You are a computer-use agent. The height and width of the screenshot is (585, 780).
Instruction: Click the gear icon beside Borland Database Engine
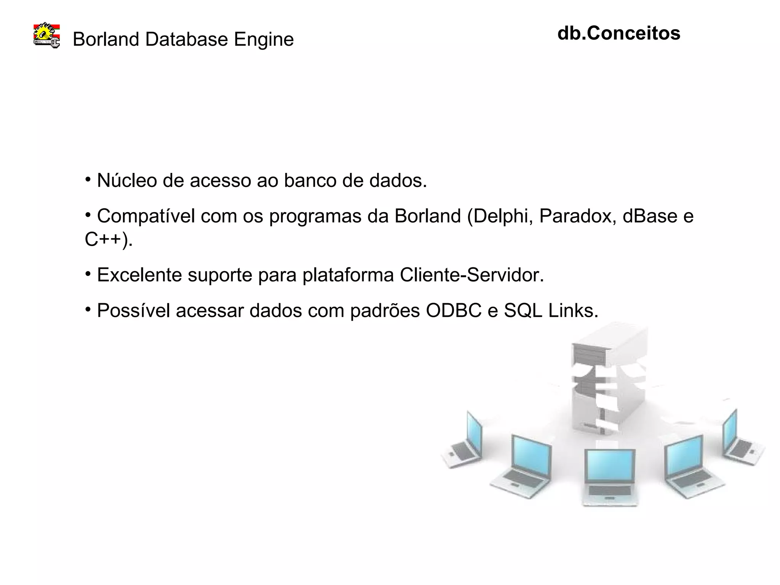(x=47, y=35)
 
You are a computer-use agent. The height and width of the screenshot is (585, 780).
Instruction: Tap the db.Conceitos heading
(x=619, y=33)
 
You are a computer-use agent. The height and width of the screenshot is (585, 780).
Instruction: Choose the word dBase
(x=650, y=216)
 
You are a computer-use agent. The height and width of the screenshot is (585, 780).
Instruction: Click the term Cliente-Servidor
(x=472, y=275)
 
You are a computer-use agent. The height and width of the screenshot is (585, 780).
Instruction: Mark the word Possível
(x=133, y=311)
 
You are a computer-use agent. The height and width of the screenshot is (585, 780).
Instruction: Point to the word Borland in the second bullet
(x=427, y=216)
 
